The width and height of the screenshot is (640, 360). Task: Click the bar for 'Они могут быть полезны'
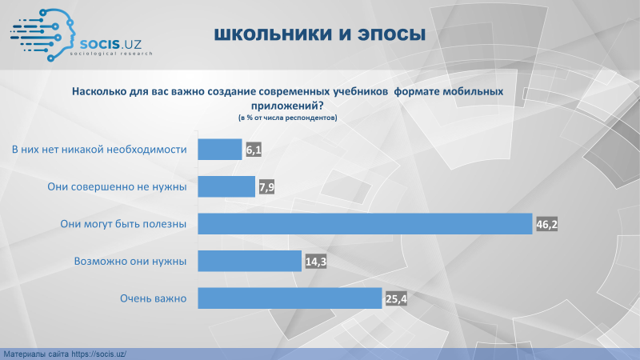[365, 224]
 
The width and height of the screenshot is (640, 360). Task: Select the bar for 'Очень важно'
[290, 298]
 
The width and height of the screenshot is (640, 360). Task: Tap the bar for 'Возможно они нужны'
[250, 261]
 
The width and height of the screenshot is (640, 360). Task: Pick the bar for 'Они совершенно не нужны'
[226, 186]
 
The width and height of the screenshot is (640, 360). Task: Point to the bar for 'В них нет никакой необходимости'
[220, 150]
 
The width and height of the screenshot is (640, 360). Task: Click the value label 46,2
[546, 225]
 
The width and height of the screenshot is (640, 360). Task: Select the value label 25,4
[396, 299]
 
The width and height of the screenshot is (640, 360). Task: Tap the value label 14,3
[316, 262]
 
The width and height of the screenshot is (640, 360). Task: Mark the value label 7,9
[266, 187]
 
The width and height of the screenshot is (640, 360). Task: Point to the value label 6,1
[254, 150]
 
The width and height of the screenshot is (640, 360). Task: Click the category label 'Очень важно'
[153, 298]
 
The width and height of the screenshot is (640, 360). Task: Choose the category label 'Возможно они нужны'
[130, 262]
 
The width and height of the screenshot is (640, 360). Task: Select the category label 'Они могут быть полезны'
[123, 224]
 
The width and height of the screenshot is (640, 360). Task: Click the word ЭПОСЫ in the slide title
[392, 34]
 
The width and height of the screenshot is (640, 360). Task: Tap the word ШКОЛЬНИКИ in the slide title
[273, 34]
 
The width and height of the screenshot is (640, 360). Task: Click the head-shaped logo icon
[43, 35]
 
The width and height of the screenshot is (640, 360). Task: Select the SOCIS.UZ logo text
[110, 44]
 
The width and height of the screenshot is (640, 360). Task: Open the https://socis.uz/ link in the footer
[98, 354]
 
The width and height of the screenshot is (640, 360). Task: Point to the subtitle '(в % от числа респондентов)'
[288, 118]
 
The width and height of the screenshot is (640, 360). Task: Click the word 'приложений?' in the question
[287, 106]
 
